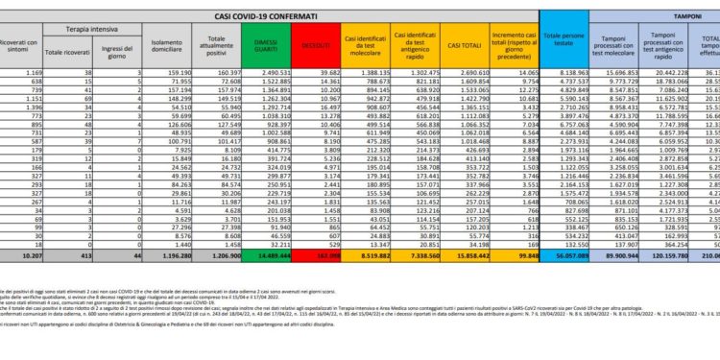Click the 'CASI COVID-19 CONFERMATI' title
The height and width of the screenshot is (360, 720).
point(280,9)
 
